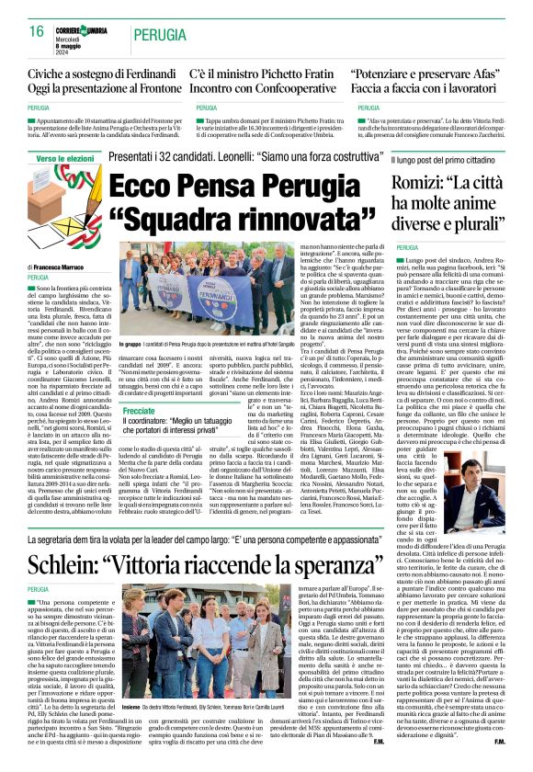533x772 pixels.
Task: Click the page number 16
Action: click(36, 30)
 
